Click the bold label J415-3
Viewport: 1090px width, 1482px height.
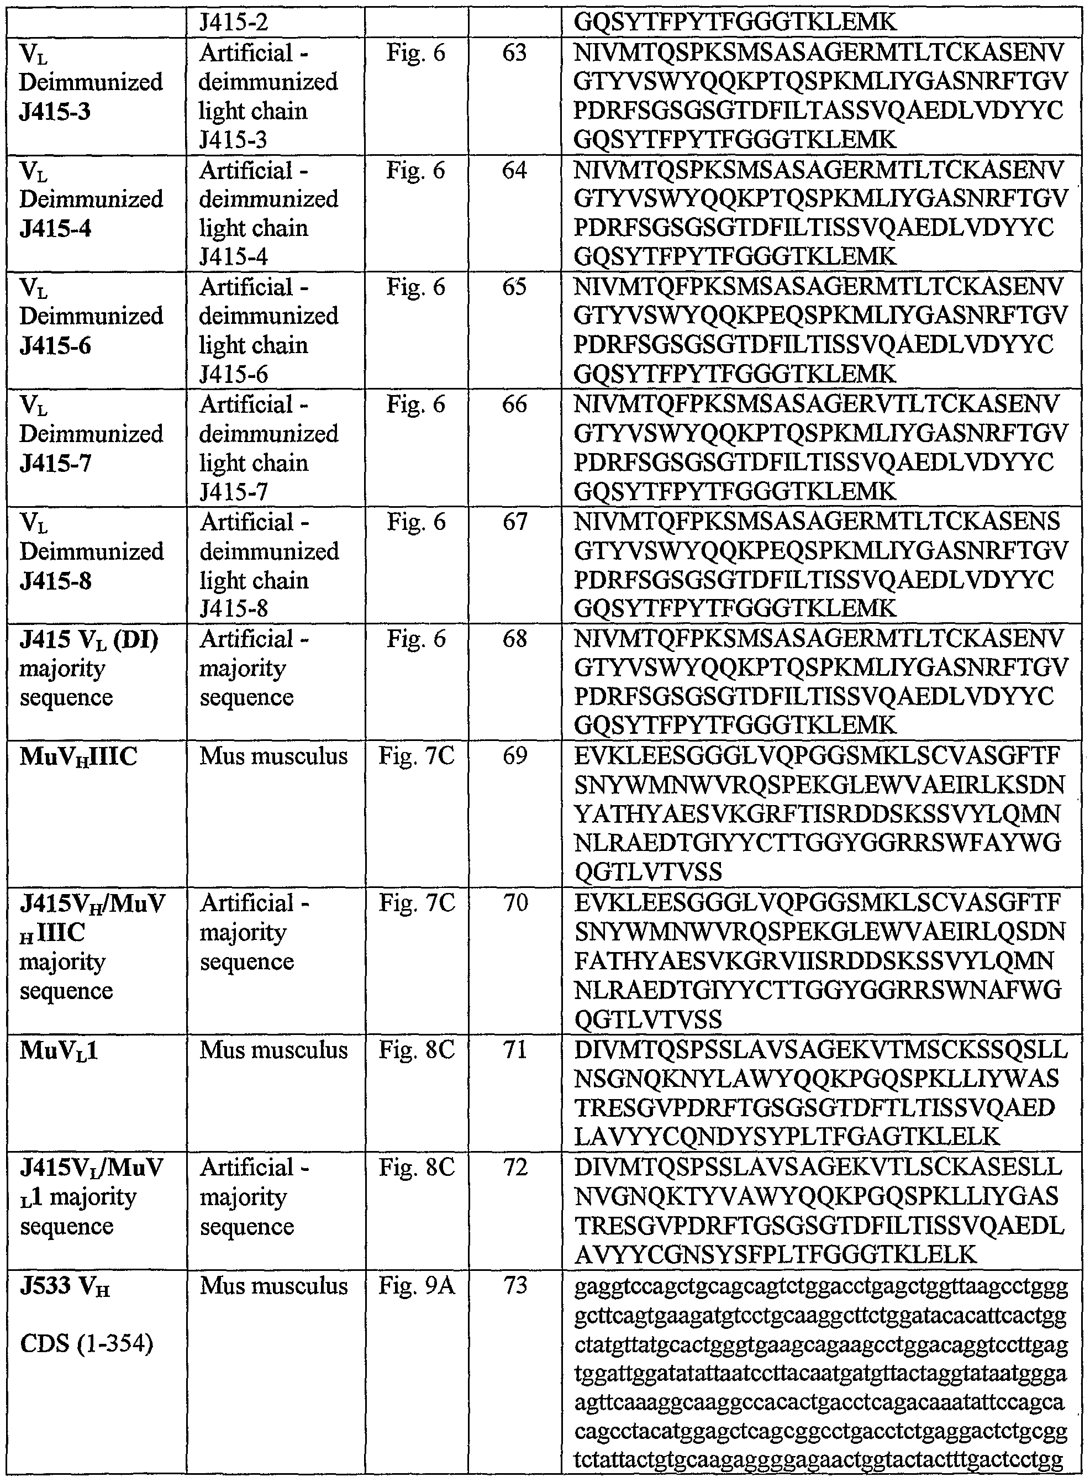55,111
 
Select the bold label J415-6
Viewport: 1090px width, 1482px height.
55,345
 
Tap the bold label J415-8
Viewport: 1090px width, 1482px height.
55,580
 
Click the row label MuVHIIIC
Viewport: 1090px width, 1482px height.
78,756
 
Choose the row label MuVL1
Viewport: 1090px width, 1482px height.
59,1050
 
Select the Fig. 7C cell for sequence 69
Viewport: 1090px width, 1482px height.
417,755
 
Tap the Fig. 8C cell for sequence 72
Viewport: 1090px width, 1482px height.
417,1166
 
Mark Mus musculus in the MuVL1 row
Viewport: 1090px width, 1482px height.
273,1049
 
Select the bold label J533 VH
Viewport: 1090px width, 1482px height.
65,1285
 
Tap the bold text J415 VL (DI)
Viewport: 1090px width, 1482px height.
89,639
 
